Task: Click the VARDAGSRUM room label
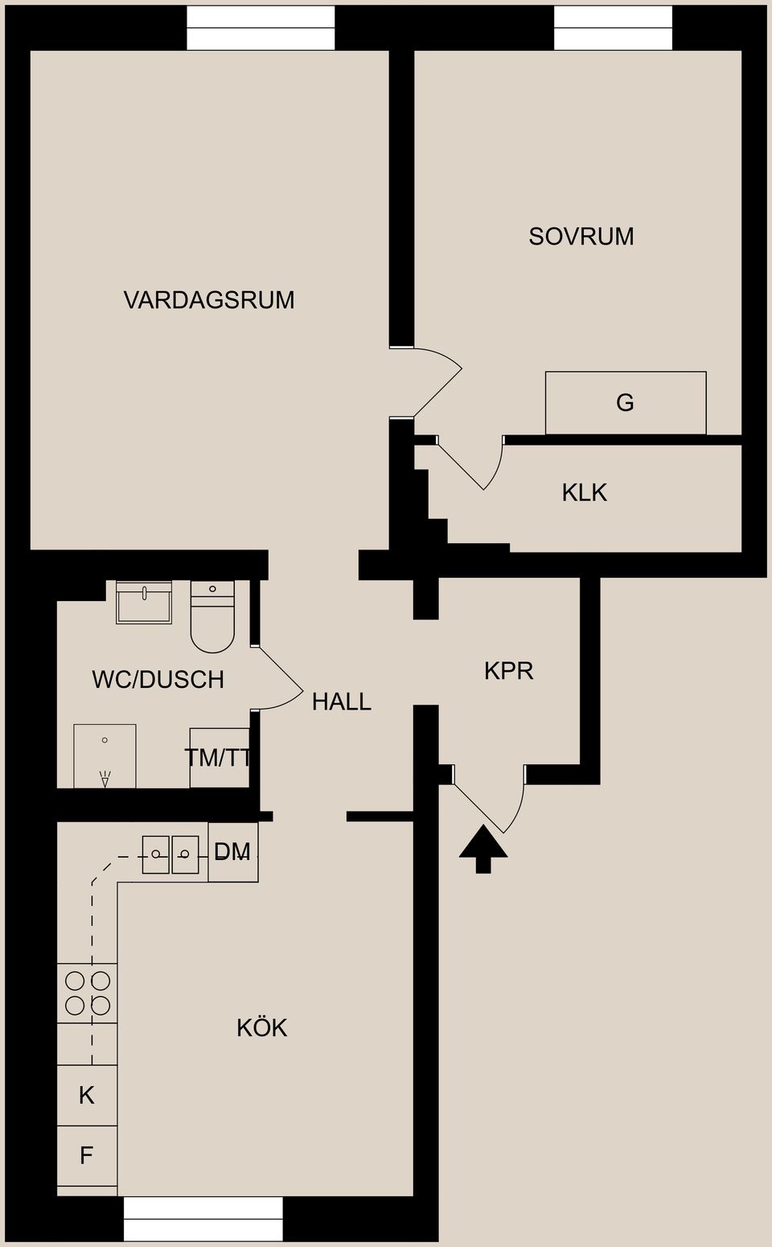[209, 300]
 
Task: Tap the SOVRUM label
[581, 237]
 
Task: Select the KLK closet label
[584, 492]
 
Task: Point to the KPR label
[508, 670]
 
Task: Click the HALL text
[341, 702]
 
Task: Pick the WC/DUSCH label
[158, 680]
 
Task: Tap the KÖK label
[261, 1027]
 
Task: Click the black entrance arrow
[483, 849]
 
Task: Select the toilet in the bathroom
[212, 616]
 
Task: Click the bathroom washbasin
[144, 603]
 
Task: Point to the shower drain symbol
[105, 777]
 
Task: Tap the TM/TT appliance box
[219, 758]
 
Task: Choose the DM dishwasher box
[233, 852]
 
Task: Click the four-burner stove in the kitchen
[88, 993]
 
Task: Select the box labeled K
[87, 1095]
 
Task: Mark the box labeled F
[87, 1155]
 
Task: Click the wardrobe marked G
[626, 402]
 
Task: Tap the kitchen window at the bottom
[203, 1219]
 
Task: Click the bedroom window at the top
[613, 28]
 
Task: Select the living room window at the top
[261, 28]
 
